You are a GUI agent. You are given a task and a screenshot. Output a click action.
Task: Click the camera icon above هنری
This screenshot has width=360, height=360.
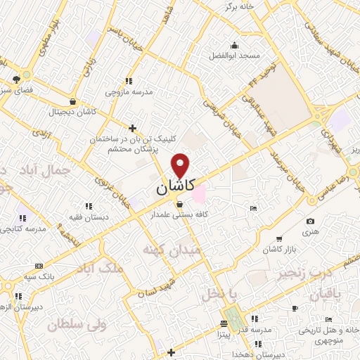point(311,221)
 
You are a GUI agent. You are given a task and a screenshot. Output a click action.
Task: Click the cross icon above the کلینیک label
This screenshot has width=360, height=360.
point(132,127)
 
